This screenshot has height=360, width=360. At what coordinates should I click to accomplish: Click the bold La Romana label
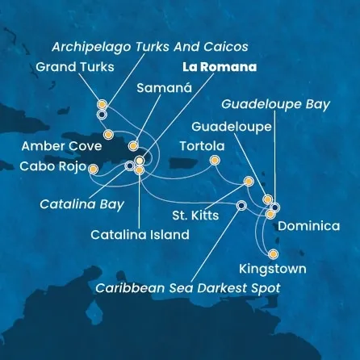220,67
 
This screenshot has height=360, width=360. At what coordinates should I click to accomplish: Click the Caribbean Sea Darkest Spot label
189,288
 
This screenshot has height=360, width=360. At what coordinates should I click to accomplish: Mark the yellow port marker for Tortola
215,160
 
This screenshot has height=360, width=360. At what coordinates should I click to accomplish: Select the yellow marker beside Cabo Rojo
93,169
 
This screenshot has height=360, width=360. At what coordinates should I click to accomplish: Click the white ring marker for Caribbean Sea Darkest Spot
241,205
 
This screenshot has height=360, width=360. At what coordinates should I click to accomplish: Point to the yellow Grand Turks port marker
102,104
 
